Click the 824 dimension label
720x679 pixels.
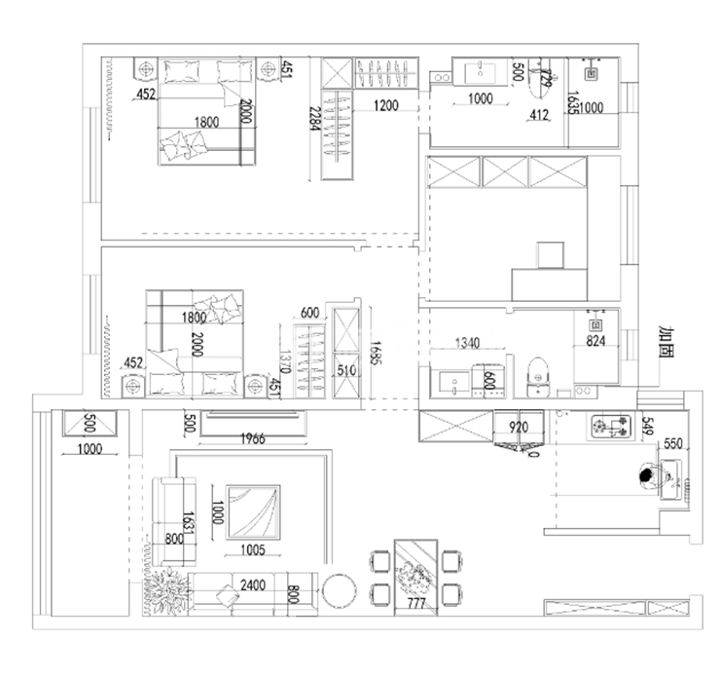pos(595,342)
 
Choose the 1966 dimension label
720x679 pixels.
pos(251,438)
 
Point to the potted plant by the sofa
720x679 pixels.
pos(167,587)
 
